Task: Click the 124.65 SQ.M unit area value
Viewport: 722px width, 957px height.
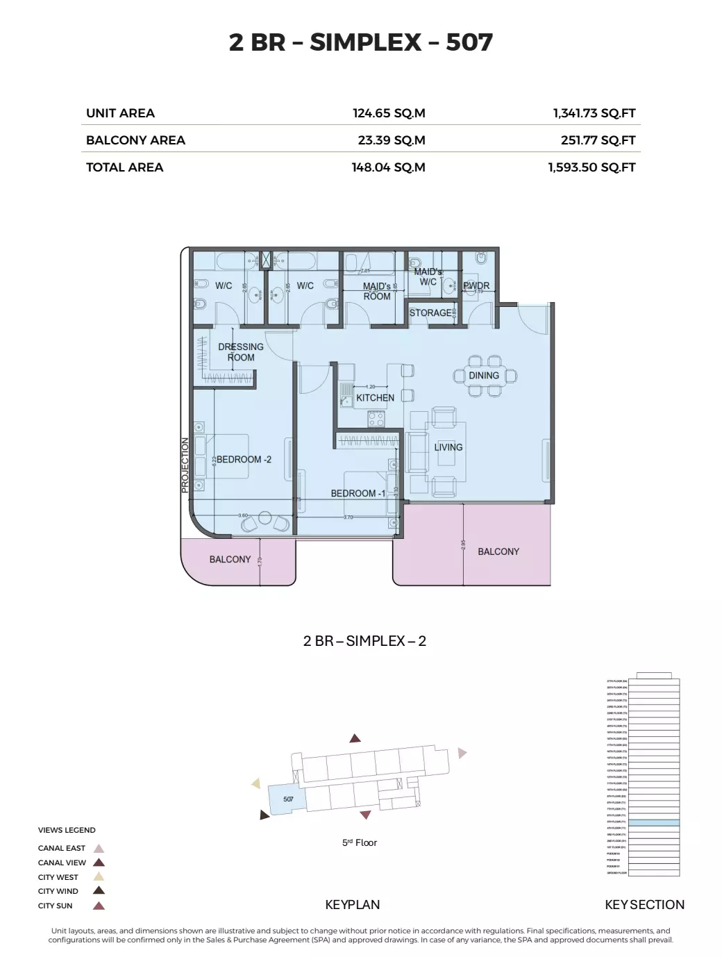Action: point(389,113)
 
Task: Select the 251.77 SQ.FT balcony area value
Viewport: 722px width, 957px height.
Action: point(598,140)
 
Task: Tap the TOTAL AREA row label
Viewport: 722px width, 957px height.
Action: point(124,167)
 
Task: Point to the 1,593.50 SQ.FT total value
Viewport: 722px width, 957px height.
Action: point(591,167)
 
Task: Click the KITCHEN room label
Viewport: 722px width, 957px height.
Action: point(375,398)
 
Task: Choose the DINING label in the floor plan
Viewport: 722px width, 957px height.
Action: point(484,376)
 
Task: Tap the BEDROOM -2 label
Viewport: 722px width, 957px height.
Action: point(244,460)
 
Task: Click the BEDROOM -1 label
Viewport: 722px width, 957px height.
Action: point(358,494)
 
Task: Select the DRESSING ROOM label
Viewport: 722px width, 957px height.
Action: point(241,352)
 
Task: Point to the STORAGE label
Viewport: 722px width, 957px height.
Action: point(430,313)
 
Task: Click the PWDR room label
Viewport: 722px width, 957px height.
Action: point(476,285)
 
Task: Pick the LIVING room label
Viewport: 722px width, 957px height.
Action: point(448,447)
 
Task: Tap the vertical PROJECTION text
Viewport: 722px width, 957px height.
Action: point(185,465)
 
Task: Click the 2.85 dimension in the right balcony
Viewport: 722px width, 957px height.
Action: point(463,547)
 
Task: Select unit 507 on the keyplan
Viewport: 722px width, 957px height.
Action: point(288,799)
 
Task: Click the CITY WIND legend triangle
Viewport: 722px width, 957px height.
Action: point(99,890)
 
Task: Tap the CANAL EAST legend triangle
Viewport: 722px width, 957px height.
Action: point(99,848)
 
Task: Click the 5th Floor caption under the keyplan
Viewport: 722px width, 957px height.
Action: point(360,843)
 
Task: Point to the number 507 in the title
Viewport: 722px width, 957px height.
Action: point(469,42)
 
